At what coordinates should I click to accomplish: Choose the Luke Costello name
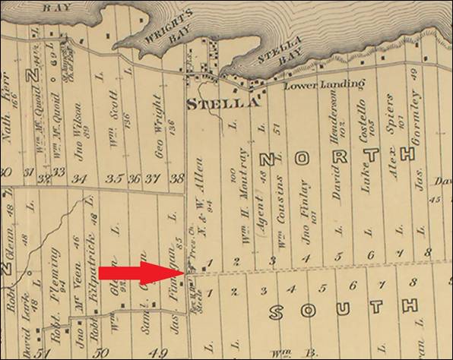(x=363, y=130)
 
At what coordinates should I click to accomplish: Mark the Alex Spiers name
(x=391, y=125)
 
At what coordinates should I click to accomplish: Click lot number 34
(x=81, y=179)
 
